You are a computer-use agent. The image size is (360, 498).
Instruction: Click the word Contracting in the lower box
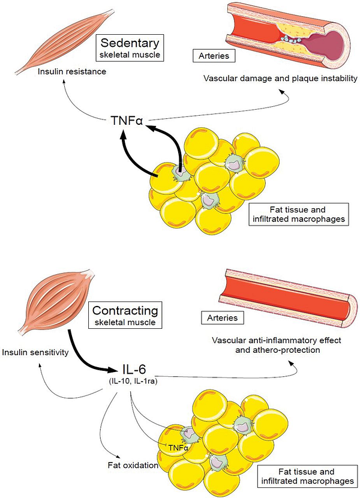tap(125, 311)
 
